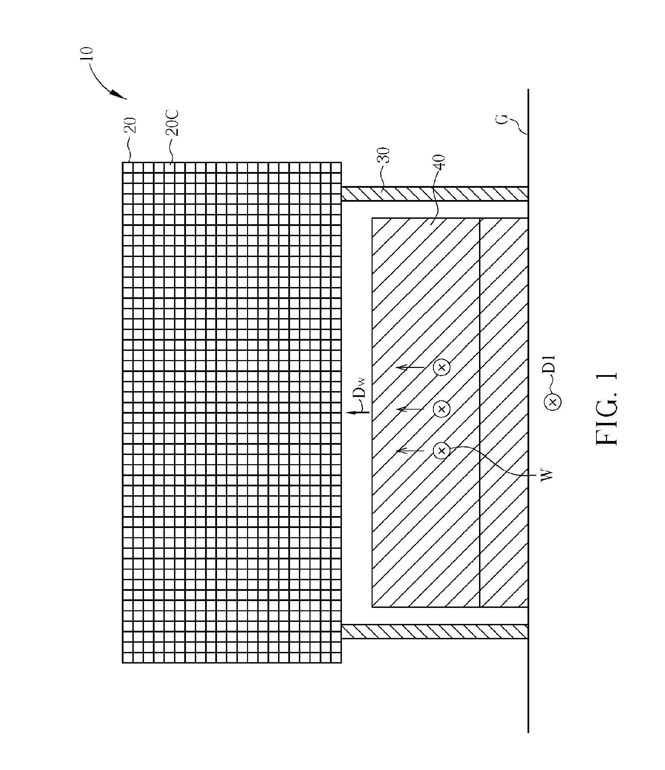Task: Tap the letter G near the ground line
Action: pos(502,120)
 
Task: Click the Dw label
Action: pos(360,387)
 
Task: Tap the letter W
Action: pos(547,476)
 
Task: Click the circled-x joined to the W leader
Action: pos(442,451)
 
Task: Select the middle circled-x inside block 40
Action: pos(442,409)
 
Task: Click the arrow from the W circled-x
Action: pos(410,451)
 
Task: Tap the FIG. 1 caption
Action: pos(607,409)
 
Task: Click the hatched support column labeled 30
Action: pos(434,194)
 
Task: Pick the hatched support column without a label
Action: pos(434,631)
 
